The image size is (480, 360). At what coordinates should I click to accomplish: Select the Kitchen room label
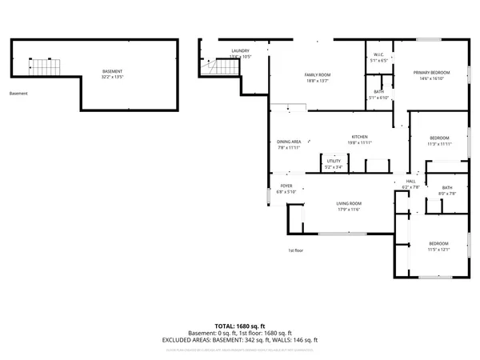(360, 137)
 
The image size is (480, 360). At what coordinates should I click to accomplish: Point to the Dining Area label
(288, 141)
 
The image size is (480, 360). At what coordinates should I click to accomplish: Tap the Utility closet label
(334, 161)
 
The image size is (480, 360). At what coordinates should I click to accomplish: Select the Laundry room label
(240, 50)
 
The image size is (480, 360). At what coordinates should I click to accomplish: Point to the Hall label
(410, 182)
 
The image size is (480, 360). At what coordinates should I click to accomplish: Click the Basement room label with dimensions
(113, 72)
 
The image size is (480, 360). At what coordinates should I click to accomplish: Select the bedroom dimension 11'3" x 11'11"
(438, 143)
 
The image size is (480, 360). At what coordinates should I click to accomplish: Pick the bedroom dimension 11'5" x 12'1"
(438, 249)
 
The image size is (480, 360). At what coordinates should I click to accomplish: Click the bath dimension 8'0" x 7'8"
(447, 193)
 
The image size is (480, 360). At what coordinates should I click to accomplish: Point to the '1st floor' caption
(296, 250)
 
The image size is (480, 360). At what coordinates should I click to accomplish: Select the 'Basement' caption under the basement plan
(18, 94)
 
